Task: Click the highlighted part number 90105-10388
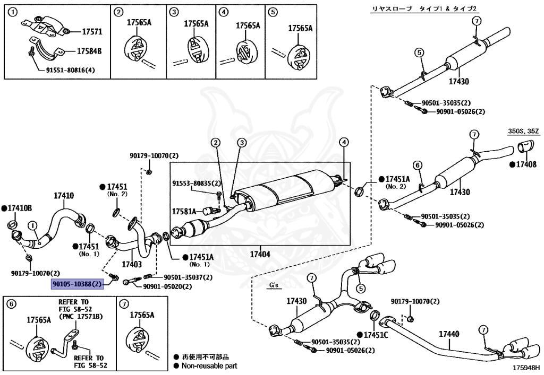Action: (x=76, y=284)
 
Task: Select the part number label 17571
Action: (x=92, y=32)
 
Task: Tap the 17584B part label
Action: (x=89, y=51)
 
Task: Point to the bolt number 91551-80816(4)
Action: (x=70, y=70)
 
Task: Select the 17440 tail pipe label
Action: (x=449, y=334)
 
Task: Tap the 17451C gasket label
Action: (x=376, y=335)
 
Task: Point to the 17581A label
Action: (x=184, y=211)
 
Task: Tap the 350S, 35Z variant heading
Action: (x=522, y=130)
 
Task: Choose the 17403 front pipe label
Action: (x=132, y=264)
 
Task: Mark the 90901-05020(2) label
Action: (x=167, y=286)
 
